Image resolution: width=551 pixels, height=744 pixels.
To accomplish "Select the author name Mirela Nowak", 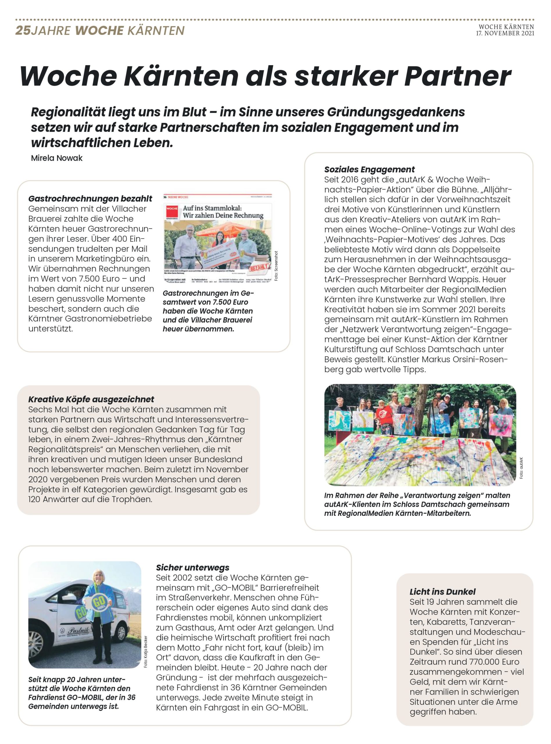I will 56,158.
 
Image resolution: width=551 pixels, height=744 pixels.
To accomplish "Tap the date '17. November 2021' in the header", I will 505,33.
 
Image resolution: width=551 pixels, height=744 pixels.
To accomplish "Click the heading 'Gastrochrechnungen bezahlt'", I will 90,199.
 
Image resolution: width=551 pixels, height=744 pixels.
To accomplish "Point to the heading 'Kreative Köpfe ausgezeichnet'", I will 91,399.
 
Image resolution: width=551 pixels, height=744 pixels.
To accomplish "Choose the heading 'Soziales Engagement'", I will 369,169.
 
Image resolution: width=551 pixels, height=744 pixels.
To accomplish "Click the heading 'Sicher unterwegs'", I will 192,568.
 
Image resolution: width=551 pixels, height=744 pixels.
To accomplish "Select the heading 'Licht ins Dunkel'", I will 442,592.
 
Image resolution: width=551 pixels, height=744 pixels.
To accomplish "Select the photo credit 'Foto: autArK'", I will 521,468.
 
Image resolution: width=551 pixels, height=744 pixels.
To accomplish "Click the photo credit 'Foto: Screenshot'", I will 276,266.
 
